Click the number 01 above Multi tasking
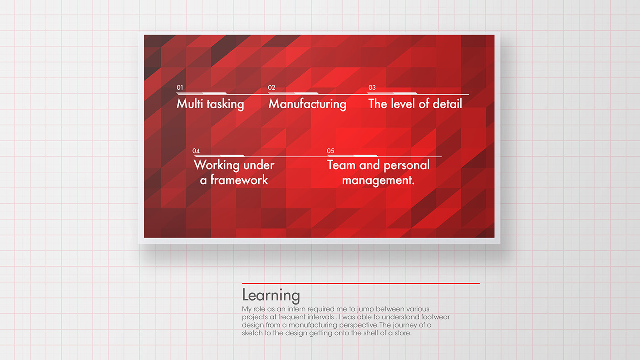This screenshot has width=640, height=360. coord(180,88)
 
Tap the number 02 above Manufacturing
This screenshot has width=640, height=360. coord(272,88)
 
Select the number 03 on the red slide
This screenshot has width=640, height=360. coord(372,88)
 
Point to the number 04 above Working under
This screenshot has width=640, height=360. coord(196,151)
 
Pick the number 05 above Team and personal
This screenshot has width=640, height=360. coord(331,151)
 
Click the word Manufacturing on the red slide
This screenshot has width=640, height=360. coord(307,104)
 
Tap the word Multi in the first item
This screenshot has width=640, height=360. coord(190,103)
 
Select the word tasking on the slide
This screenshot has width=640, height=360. coord(225,104)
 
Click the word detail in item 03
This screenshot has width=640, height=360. coord(447,103)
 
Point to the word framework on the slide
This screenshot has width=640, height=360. coord(239,180)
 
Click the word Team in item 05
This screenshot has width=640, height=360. coord(341,165)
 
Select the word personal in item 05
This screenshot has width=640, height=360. coord(406,165)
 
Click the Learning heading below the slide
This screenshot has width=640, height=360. coord(271,296)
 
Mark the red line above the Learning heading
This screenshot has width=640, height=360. coord(361,284)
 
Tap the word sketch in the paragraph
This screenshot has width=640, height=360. coord(252,333)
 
